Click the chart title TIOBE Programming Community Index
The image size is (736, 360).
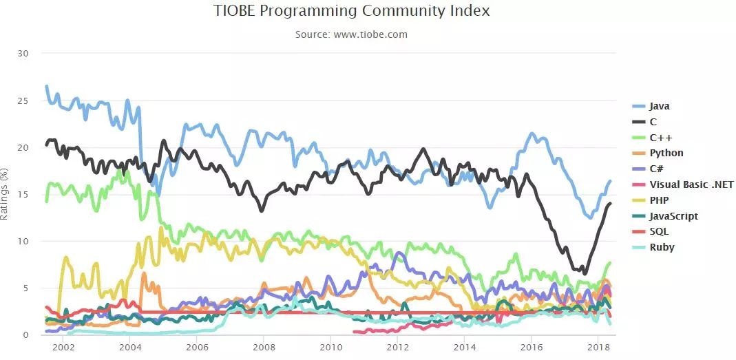352,11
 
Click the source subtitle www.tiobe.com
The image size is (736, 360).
351,34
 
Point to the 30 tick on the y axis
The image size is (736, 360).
22,54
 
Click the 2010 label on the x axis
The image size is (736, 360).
330,348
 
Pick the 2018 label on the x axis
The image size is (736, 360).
598,348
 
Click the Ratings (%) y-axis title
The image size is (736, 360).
5,194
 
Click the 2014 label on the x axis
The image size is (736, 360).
465,348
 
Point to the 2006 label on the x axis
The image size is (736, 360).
197,348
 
